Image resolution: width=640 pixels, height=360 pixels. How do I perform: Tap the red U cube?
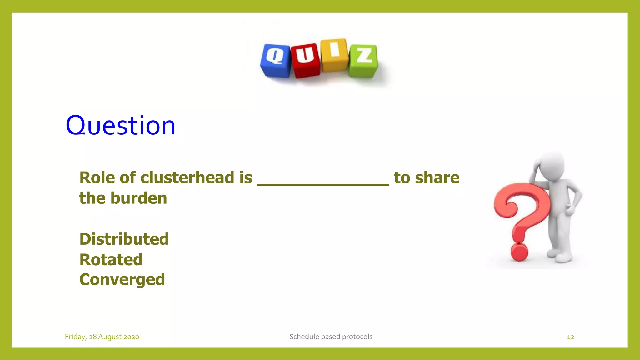(x=305, y=60)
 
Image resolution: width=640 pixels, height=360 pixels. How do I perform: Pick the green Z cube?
(x=363, y=60)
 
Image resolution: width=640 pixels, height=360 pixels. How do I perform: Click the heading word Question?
(x=120, y=126)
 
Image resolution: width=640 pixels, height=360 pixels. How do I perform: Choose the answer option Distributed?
(x=124, y=239)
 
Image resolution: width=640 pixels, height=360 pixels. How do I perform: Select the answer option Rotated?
(x=111, y=260)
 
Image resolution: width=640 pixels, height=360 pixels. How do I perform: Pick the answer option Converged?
(x=122, y=280)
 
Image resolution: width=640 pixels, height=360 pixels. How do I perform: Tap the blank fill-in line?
(x=323, y=184)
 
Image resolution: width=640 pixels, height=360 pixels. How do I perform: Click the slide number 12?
(x=570, y=337)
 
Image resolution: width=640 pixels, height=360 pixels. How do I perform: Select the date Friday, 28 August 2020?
(x=102, y=337)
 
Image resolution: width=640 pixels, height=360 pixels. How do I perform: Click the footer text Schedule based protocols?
(x=331, y=337)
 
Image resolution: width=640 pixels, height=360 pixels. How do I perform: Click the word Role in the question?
(x=97, y=178)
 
